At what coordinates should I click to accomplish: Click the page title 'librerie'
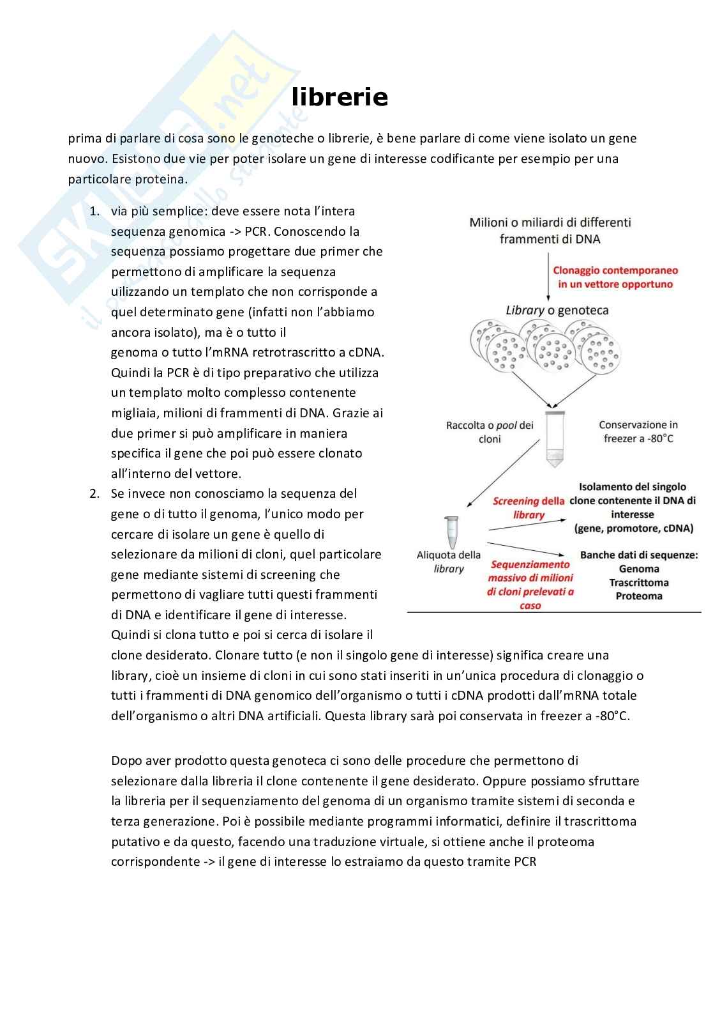coord(340,97)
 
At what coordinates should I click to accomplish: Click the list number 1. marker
coord(94,212)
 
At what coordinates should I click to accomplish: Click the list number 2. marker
coord(94,494)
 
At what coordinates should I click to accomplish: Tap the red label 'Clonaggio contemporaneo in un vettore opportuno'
coord(615,277)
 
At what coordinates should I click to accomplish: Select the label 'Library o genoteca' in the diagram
coord(557,311)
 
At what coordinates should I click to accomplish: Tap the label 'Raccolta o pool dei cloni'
coord(490,432)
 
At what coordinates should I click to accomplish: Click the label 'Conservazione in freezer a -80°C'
coord(638,431)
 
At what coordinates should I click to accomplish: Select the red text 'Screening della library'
coord(529,508)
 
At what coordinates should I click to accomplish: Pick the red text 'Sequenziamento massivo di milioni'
coord(530,571)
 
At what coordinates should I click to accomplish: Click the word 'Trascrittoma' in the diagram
coord(638,583)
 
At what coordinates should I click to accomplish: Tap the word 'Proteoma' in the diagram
coord(638,596)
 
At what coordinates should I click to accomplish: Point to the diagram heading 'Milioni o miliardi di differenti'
coord(550,222)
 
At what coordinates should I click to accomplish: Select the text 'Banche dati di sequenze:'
coord(638,555)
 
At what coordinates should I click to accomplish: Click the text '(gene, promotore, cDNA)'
coord(633,528)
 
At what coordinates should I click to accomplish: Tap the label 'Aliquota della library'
coord(448,562)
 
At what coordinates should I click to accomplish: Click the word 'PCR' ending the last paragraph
coord(525,861)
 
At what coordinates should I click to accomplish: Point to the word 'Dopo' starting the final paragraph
coord(126,760)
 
